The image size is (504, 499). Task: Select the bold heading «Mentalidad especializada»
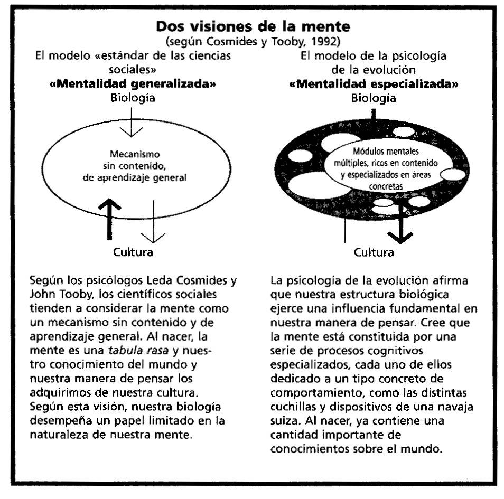[374, 84]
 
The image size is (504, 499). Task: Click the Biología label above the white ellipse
[133, 98]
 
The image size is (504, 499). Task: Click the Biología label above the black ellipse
[374, 98]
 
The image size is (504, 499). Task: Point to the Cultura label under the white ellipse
[133, 252]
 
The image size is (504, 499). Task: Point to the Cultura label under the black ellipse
[374, 252]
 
